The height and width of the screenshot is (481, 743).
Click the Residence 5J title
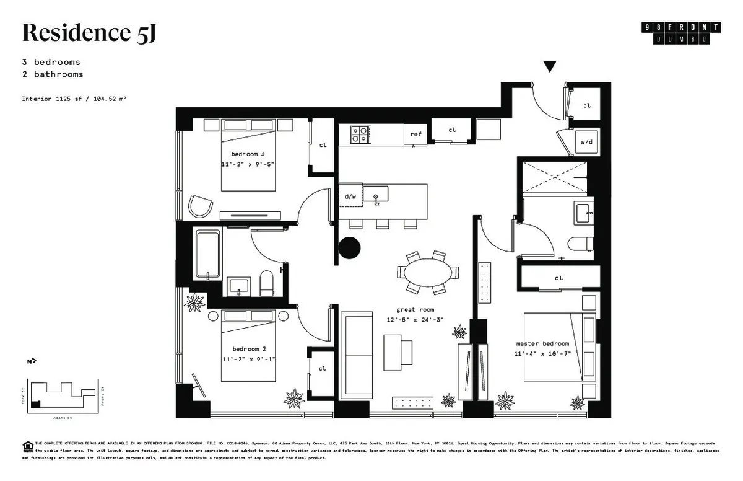[x=89, y=33]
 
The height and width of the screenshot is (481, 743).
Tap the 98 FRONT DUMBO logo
[x=682, y=33]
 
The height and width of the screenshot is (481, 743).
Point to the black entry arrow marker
[x=549, y=66]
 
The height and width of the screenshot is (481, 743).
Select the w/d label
[x=586, y=142]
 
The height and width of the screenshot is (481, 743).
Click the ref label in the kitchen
[x=415, y=134]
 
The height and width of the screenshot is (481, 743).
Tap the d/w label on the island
[x=350, y=196]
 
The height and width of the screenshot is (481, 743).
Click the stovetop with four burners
[x=361, y=135]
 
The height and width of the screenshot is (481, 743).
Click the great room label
[x=415, y=309]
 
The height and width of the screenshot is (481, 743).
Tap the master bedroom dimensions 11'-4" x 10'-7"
[x=542, y=354]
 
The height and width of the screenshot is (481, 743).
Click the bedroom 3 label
[x=248, y=154]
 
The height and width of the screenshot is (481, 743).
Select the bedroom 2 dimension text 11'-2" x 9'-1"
[x=248, y=359]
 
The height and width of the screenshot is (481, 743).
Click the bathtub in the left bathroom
[x=207, y=254]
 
